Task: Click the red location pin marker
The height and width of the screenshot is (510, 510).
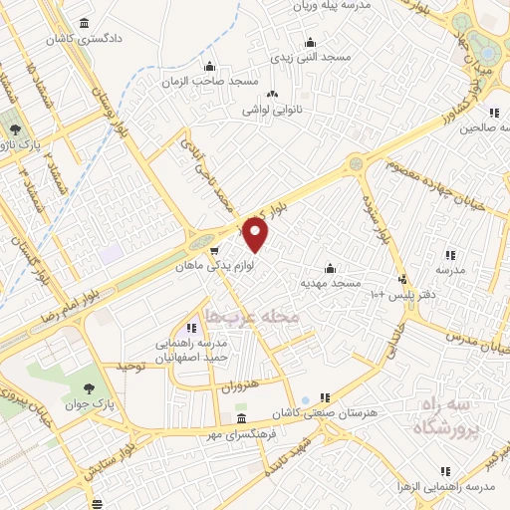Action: (256, 235)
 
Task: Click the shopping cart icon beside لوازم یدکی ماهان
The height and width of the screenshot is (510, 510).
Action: (214, 252)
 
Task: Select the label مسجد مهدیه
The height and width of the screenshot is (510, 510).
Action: (330, 284)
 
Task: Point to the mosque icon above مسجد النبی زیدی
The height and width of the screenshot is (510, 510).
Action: (312, 41)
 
